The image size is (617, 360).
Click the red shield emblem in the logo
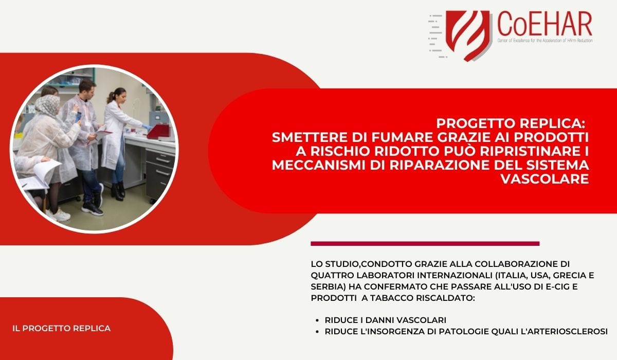point(468,34)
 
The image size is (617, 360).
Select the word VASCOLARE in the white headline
point(545,179)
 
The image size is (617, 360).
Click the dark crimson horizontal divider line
point(425,243)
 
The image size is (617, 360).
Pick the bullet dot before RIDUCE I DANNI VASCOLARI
point(317,320)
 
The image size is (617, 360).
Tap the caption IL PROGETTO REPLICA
point(61,328)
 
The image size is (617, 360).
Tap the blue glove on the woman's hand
point(147,127)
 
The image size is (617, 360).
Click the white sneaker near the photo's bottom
point(60,214)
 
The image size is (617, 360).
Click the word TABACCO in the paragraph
point(392,298)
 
